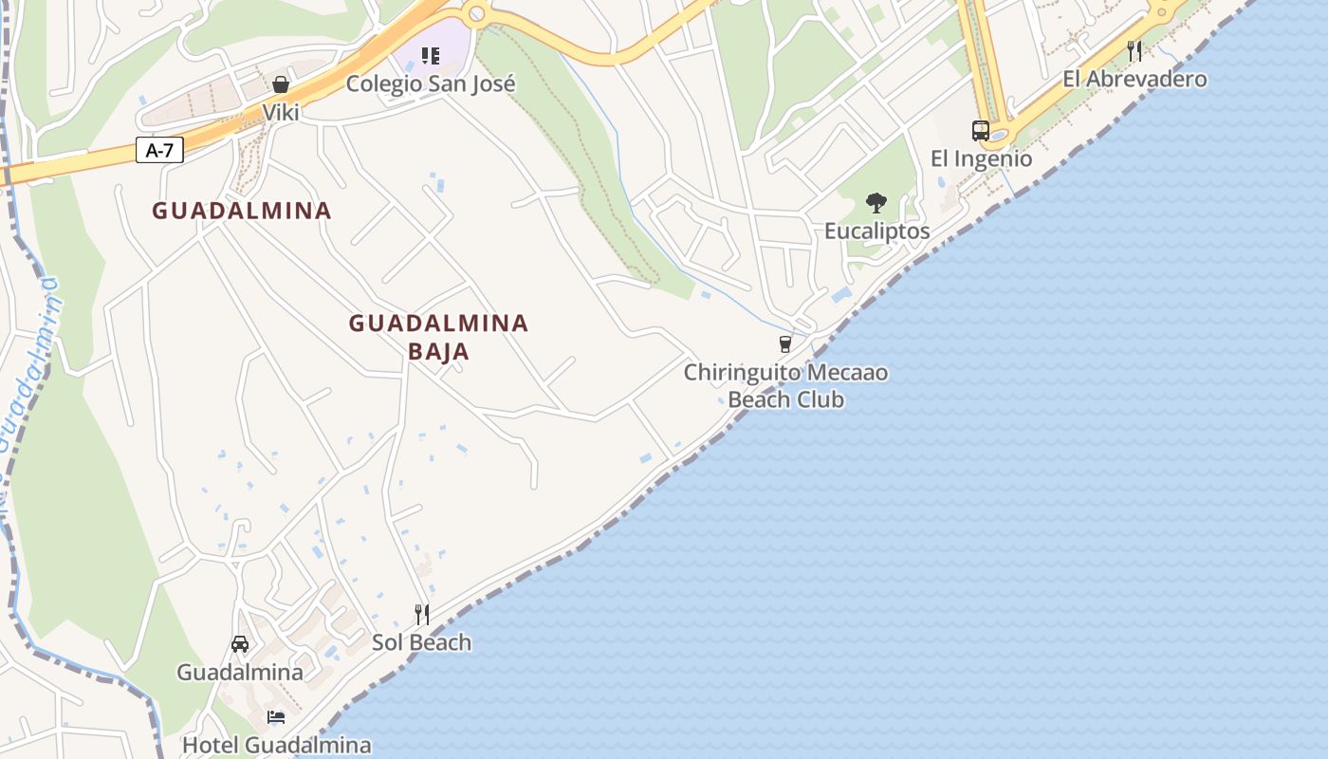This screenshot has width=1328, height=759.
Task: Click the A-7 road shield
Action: pyautogui.click(x=159, y=150)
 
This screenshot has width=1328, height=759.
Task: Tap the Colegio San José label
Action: pyautogui.click(x=431, y=83)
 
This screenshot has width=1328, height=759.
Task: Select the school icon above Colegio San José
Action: pyautogui.click(x=431, y=56)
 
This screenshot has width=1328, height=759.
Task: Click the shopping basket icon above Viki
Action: pyautogui.click(x=281, y=84)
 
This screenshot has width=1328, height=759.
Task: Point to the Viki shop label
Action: pyautogui.click(x=281, y=113)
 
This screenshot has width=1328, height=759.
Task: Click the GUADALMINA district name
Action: pyautogui.click(x=242, y=211)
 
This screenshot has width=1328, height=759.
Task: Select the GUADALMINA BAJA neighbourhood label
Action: pyautogui.click(x=438, y=337)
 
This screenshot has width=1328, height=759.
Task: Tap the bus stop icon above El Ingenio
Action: pyautogui.click(x=981, y=131)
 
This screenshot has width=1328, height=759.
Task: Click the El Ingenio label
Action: pyautogui.click(x=981, y=158)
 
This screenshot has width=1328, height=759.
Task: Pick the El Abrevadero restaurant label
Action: pyautogui.click(x=1134, y=79)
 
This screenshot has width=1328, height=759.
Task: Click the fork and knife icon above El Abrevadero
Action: pyautogui.click(x=1134, y=50)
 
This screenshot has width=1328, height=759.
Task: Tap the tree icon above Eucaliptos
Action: pyautogui.click(x=876, y=203)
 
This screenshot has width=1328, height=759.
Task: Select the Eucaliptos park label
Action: pyautogui.click(x=876, y=231)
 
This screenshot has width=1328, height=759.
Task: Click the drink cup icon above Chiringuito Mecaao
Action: pyautogui.click(x=785, y=343)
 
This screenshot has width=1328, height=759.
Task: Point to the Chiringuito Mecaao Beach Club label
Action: pyautogui.click(x=785, y=385)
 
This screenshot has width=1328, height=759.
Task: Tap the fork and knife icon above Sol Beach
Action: pyautogui.click(x=421, y=615)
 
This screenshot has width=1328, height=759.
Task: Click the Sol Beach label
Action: pyautogui.click(x=421, y=642)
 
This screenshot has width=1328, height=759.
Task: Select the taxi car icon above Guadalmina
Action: pyautogui.click(x=240, y=644)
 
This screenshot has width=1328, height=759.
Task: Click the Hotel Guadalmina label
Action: pyautogui.click(x=276, y=745)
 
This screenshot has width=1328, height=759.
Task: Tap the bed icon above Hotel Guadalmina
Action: pyautogui.click(x=276, y=717)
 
